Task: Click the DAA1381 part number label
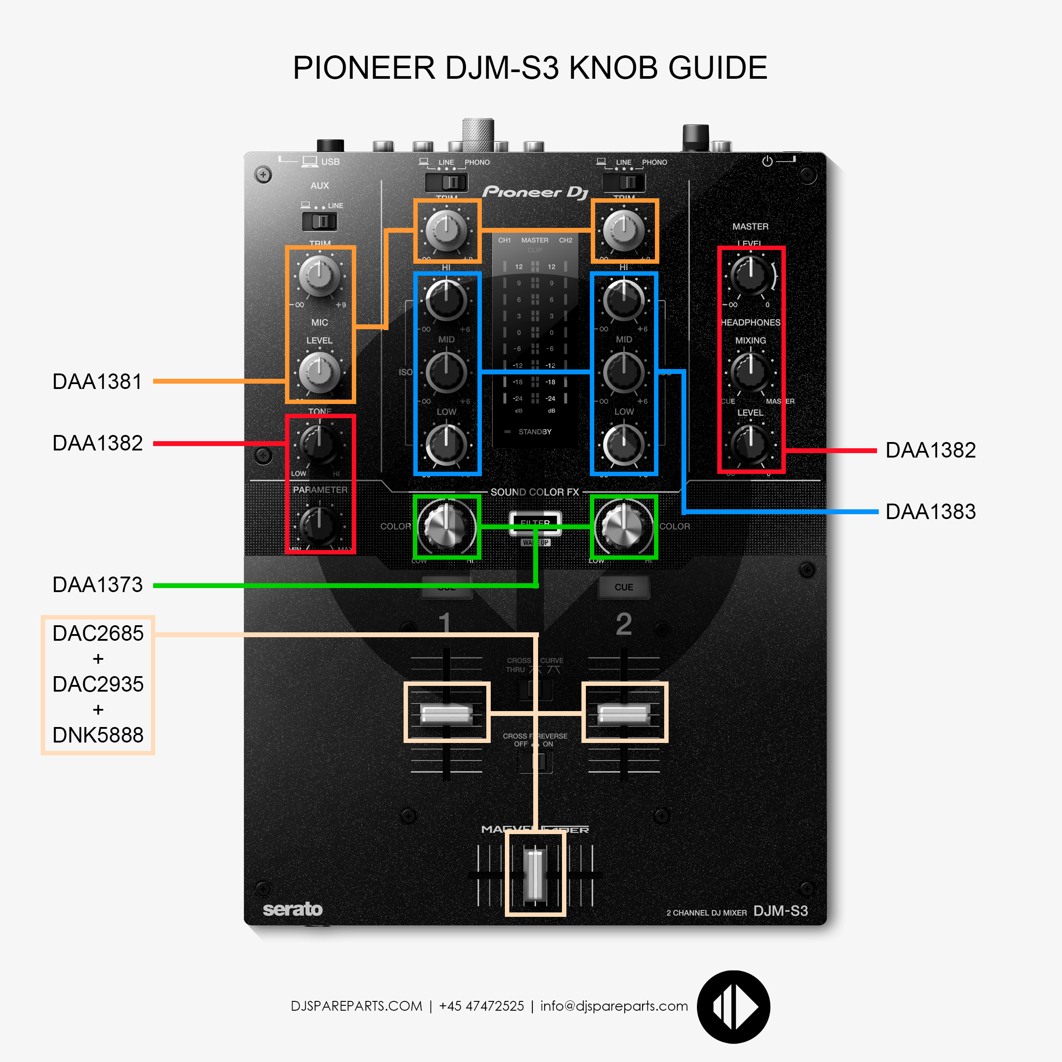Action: click(97, 381)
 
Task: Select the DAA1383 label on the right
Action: click(930, 512)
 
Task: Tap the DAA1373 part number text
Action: click(97, 585)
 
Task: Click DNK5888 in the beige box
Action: click(98, 735)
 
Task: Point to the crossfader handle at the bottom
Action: click(535, 874)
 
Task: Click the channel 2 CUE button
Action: click(623, 587)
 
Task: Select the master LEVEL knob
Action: click(750, 274)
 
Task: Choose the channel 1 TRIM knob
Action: click(446, 230)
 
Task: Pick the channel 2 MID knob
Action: click(623, 373)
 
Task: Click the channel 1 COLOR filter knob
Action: click(446, 526)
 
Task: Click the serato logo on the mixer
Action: click(292, 909)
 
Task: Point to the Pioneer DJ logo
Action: click(535, 192)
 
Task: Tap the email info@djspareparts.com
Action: click(614, 1006)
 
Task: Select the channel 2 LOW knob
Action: click(623, 444)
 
